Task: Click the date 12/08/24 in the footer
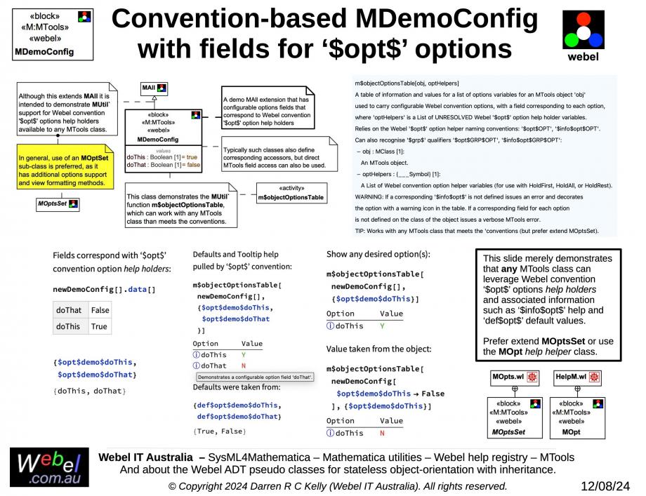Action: (605, 485)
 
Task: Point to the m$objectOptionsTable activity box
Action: (290, 194)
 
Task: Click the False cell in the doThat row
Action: (100, 310)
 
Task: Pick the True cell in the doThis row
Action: (99, 326)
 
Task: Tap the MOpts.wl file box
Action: (514, 377)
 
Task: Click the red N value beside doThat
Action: (244, 366)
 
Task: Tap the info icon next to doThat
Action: (196, 366)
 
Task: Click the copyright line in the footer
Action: (337, 485)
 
